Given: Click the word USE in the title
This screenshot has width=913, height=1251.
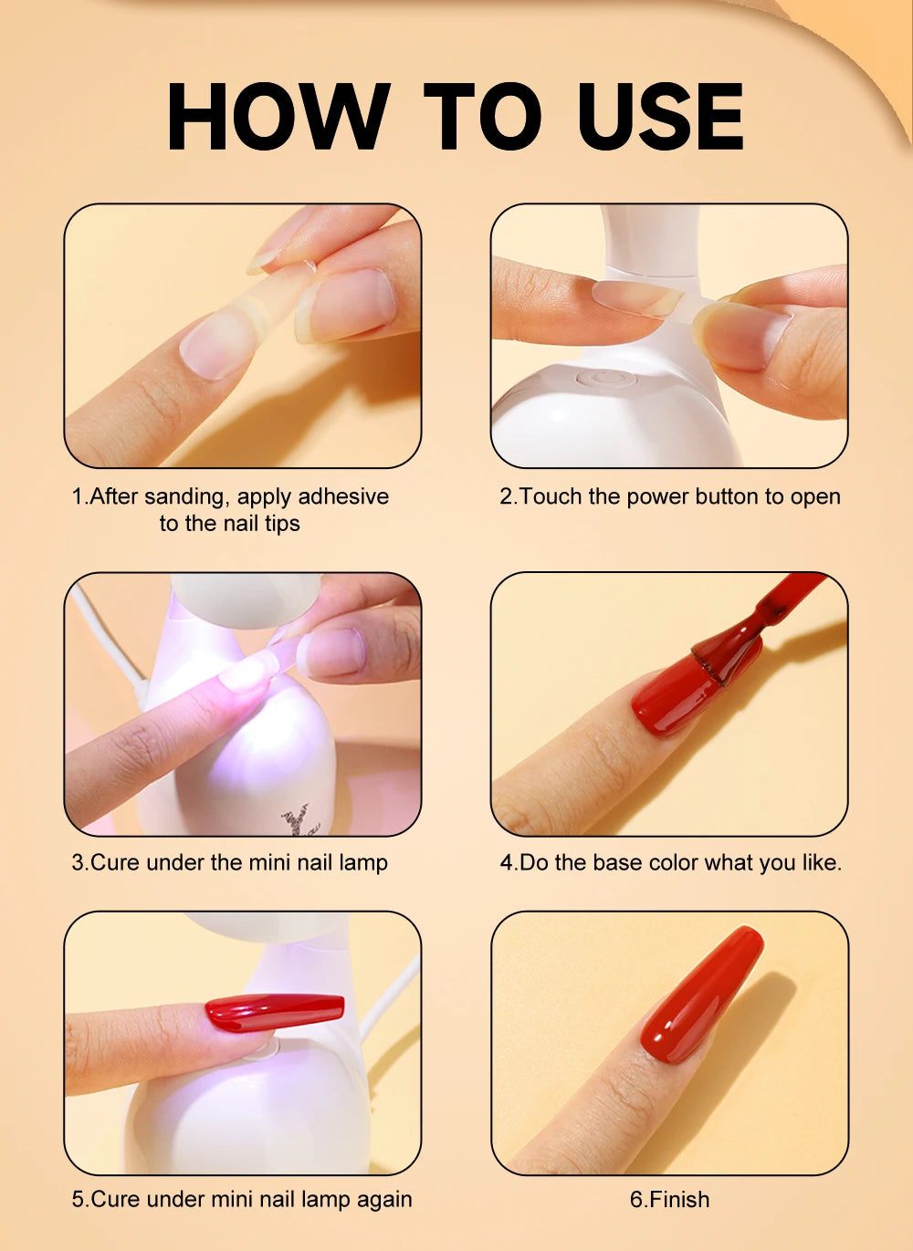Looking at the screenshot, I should coord(660,116).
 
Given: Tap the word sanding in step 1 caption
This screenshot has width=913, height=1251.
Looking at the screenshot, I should coord(186,496).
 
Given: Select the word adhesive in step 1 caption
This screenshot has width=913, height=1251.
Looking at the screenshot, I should coord(343,496).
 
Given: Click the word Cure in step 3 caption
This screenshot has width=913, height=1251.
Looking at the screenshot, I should coord(115,862).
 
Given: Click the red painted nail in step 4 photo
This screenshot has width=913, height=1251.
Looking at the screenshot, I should coord(676,698).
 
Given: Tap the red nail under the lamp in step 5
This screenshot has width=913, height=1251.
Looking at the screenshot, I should coord(274,1011).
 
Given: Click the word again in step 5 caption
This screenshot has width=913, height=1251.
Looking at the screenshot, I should coord(384,1200).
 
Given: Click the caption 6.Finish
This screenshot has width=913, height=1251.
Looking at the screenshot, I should coord(669,1200).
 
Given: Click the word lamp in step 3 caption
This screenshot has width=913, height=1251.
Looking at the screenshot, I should coord(363,862).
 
